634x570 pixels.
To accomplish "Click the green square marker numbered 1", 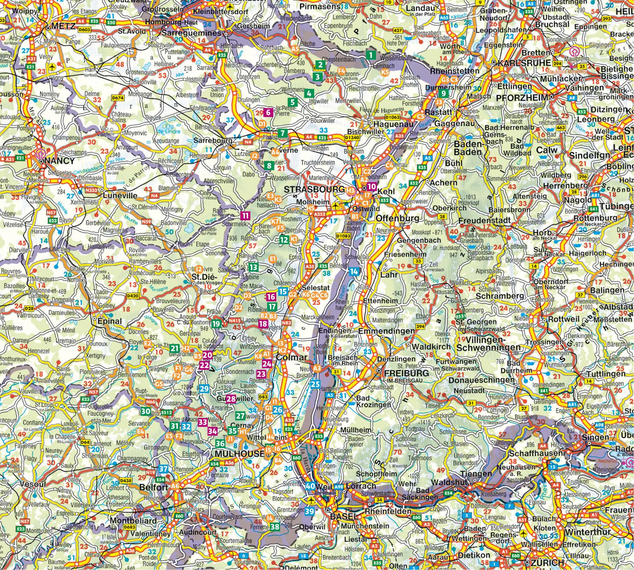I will pos(370,55).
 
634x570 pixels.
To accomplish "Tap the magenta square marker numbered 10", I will pos(371,186).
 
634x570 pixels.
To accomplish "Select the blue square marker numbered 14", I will pos(354,271).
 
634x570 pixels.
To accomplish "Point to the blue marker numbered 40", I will pos(310,486).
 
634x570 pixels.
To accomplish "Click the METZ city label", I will pos(63,26).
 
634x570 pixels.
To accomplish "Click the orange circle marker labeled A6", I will pos(175,486).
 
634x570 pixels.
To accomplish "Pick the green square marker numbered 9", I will pos(443,93).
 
